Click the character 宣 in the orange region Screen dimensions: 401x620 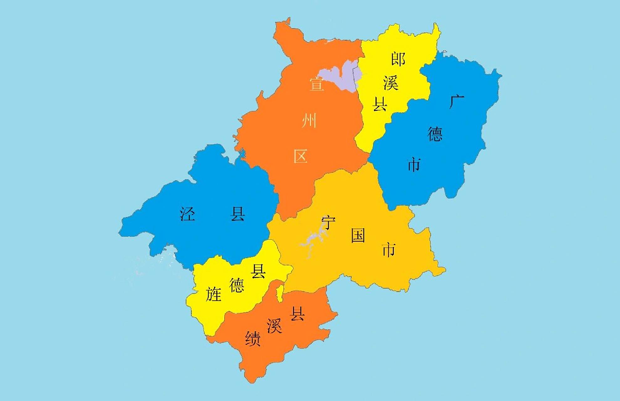point(316,84)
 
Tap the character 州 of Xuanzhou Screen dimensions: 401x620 point(309,121)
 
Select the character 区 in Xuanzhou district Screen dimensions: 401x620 point(300,156)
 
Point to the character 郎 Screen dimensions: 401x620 point(398,59)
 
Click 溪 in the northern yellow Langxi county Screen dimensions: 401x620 point(391,83)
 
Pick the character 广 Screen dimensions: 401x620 point(456,102)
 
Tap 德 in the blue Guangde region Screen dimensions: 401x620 point(435,134)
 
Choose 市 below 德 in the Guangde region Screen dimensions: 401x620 point(414,165)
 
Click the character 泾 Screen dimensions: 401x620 point(187,214)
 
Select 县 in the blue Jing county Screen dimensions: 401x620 point(237,214)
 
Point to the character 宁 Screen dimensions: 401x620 point(328,223)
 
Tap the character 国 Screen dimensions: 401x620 point(358,236)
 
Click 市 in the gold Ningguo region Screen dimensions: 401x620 point(389,250)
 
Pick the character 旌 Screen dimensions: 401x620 point(213,294)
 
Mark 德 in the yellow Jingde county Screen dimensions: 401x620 point(237,285)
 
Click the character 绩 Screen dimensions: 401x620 point(253,339)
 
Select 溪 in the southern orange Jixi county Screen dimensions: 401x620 point(274,326)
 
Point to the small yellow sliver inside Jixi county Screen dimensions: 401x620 point(280,293)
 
